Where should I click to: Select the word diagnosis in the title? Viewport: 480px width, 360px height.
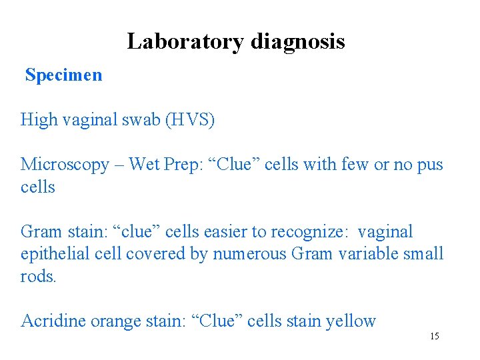[x=298, y=41]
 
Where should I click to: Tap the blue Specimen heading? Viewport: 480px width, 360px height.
[x=64, y=75]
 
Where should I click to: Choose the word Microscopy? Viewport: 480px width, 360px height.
[x=63, y=164]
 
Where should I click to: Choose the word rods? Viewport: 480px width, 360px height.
[x=38, y=276]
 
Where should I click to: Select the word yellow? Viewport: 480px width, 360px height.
[x=350, y=321]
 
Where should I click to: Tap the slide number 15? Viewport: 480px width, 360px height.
[x=434, y=336]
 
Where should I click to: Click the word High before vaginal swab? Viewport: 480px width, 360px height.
[x=38, y=119]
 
